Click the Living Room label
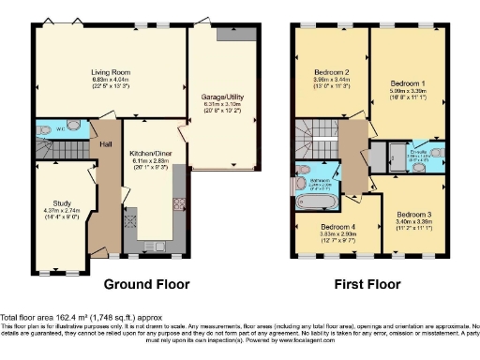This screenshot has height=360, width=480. pos(110,72)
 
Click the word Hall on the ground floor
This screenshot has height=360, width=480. pos(106,146)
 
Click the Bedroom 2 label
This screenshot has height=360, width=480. pos(331,72)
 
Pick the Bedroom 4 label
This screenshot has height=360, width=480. pos(337,227)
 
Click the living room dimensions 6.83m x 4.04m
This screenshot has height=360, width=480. pos(110,81)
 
